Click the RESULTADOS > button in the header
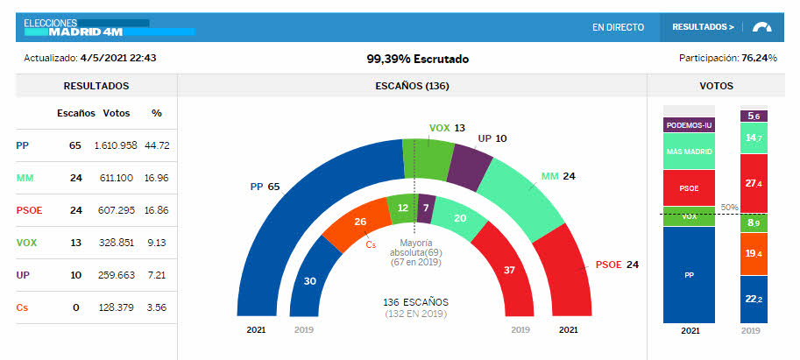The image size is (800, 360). click(703, 27)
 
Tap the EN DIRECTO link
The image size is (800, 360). click(618, 27)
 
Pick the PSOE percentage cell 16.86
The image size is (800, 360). click(157, 210)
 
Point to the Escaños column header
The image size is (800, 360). click(74, 113)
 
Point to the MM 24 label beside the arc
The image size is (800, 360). click(558, 176)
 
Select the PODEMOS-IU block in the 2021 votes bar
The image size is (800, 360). click(689, 125)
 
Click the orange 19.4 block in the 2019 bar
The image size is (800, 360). click(754, 253)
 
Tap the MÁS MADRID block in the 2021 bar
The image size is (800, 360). click(689, 152)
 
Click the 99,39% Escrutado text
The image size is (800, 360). click(417, 59)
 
